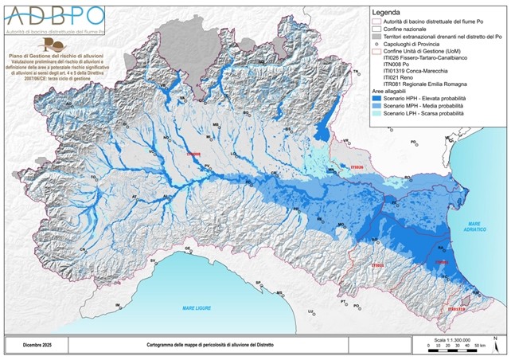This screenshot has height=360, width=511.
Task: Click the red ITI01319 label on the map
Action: pyautogui.click(x=456, y=309)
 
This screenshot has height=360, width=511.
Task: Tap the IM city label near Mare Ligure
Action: pyautogui.click(x=118, y=305)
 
